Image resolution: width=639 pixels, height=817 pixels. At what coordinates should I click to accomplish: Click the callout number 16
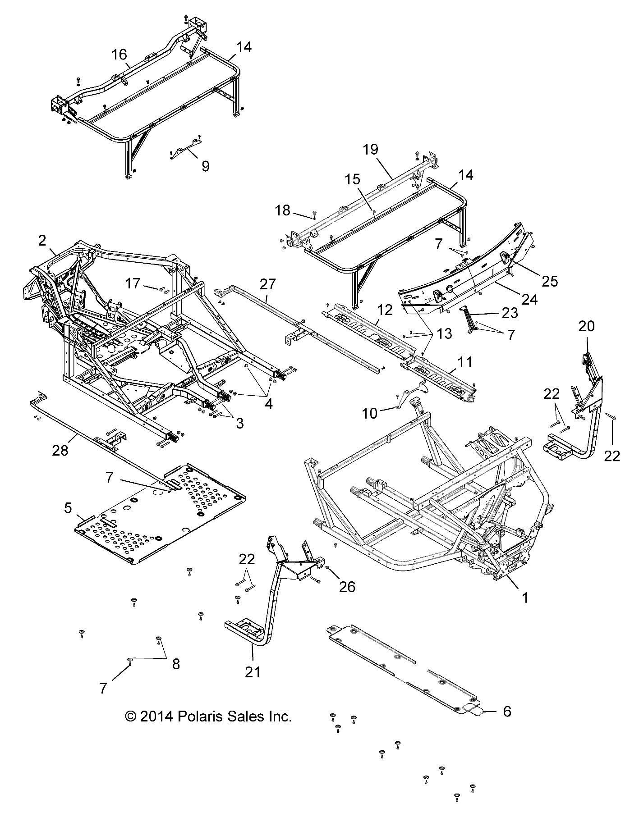tap(120, 55)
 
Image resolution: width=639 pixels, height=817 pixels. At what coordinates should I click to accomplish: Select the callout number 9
tap(205, 166)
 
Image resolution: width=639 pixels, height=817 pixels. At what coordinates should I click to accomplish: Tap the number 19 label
tap(371, 150)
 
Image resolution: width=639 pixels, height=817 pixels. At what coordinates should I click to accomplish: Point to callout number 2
tap(42, 241)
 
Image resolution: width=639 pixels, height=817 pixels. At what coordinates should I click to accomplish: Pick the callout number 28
tap(60, 450)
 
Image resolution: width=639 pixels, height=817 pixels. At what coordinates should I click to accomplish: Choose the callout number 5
tap(68, 509)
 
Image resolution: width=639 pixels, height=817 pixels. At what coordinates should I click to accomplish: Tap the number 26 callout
tap(348, 586)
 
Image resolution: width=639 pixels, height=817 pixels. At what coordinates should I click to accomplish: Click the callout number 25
tap(550, 281)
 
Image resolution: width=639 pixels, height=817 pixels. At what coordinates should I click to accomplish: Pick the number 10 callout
tap(370, 413)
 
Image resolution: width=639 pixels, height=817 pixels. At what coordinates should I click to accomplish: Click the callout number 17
tap(133, 284)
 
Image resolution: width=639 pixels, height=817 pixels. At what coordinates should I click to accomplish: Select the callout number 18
tap(283, 210)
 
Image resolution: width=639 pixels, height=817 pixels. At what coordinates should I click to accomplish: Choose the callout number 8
tap(175, 664)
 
